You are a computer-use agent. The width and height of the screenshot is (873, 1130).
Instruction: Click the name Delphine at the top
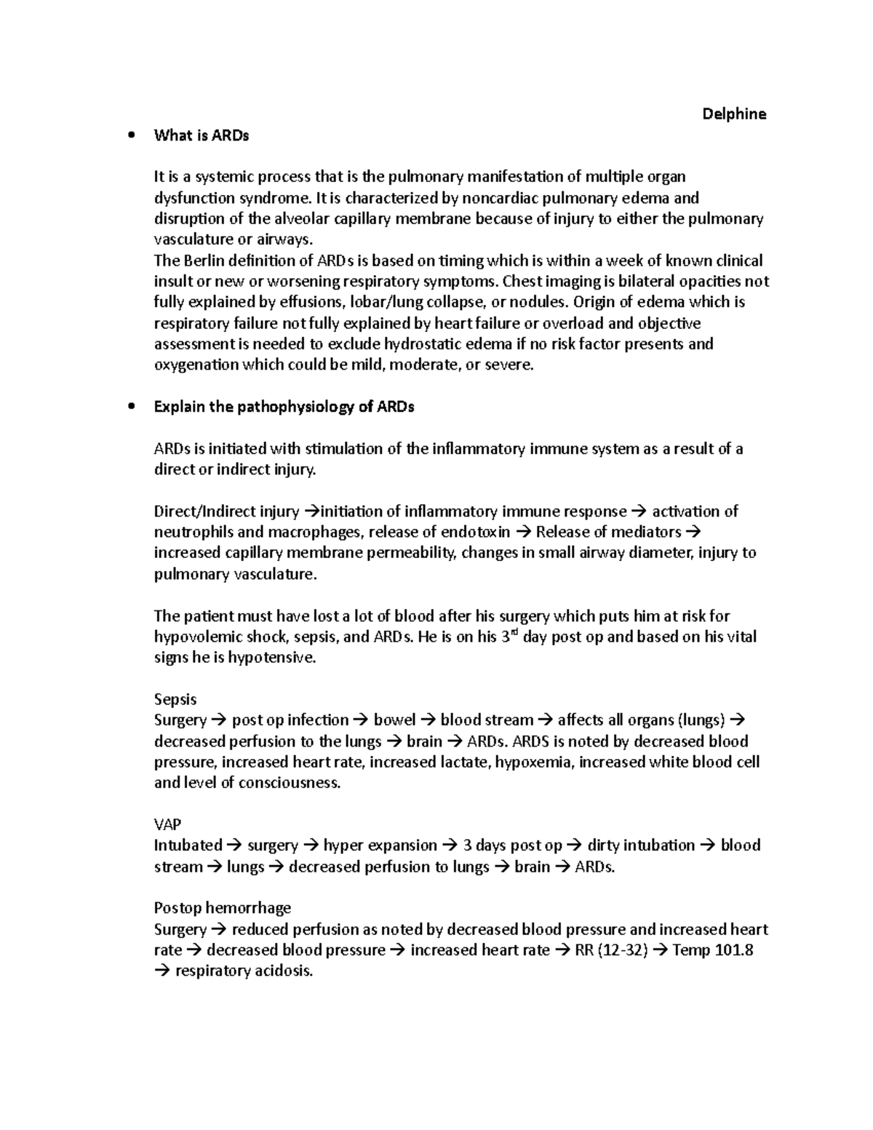(733, 114)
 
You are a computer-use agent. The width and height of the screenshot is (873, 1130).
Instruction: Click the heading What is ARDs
(201, 135)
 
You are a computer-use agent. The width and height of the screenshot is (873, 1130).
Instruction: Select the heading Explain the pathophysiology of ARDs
(284, 407)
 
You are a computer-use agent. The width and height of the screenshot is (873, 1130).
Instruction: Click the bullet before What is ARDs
(131, 135)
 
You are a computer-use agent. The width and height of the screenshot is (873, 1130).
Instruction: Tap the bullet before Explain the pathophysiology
(131, 407)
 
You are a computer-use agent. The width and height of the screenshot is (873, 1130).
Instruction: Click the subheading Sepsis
(175, 699)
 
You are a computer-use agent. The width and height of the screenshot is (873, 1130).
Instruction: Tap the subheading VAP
(167, 824)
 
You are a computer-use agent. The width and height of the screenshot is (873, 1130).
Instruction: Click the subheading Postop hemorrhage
(222, 908)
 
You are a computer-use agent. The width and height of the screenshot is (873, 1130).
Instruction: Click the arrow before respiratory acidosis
(162, 971)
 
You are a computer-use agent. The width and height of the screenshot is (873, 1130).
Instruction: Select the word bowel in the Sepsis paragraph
(394, 720)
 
